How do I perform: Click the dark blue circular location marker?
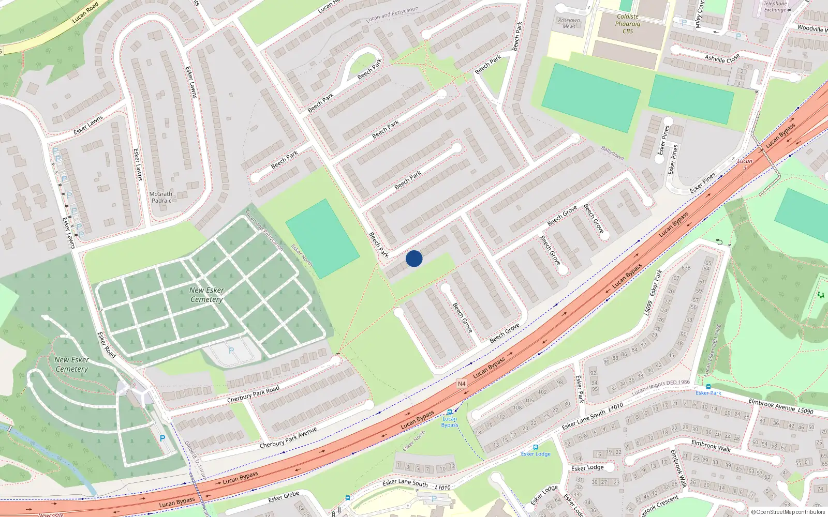coord(414,258)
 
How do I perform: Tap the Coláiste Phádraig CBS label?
coord(628,24)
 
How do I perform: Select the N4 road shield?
coord(462,384)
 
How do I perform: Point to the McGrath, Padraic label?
coord(161,197)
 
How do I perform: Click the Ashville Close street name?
coord(722,58)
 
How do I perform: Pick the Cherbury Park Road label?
coord(253,394)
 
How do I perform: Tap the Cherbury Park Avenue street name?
coord(288,437)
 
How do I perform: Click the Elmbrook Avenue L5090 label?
coord(780,406)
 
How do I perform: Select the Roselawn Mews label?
coord(569,23)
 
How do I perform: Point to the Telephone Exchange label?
coord(775,7)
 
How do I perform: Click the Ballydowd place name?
coord(613,153)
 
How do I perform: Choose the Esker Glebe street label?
coord(284,496)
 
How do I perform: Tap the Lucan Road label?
coord(85,12)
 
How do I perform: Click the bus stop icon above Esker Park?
coord(708,387)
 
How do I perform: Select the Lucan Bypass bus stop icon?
coord(449,412)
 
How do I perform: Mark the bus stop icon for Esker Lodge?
coord(535,447)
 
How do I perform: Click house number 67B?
coord(686,268)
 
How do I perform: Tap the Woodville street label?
coord(811,29)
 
